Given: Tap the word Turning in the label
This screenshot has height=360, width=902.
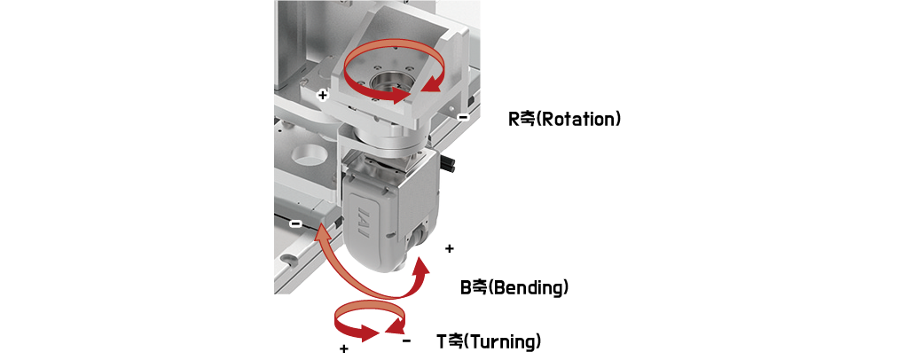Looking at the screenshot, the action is (502, 341).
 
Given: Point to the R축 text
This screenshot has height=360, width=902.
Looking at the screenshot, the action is (522, 119).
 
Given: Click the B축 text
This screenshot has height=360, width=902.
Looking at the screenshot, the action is (474, 287).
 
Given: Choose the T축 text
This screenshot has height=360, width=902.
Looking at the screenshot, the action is (450, 341).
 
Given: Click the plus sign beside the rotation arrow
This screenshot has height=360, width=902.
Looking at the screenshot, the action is (323, 94).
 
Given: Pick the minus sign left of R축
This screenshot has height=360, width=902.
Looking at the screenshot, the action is (463, 117).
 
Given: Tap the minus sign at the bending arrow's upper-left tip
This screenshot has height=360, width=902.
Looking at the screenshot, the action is (295, 223).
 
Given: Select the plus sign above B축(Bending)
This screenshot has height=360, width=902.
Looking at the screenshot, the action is (450, 248).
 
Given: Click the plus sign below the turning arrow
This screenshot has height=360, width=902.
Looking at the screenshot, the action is (344, 348).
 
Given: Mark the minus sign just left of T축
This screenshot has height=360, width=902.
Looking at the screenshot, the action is (407, 341).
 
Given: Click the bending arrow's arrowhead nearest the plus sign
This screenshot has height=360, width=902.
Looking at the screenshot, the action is (421, 267).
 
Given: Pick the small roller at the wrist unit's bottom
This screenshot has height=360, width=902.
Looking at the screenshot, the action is (419, 235).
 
